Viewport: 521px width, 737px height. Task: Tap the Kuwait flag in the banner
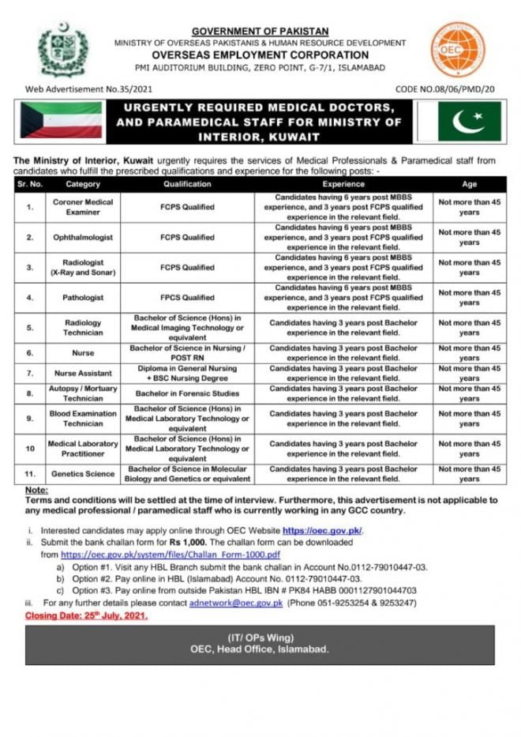(x=62, y=120)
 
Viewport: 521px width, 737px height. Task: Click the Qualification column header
(x=187, y=184)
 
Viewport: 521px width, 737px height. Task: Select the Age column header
(x=469, y=184)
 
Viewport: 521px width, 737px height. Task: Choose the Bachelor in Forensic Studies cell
(x=187, y=393)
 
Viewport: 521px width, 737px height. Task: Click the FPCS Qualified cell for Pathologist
(x=187, y=298)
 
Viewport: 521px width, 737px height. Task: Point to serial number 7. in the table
(x=29, y=372)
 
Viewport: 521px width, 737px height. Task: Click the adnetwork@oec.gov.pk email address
(x=247, y=603)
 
